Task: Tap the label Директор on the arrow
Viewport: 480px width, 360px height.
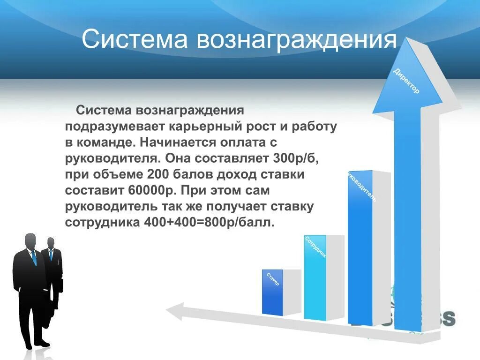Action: tap(406, 81)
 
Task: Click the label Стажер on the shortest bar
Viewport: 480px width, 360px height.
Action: tap(273, 279)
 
